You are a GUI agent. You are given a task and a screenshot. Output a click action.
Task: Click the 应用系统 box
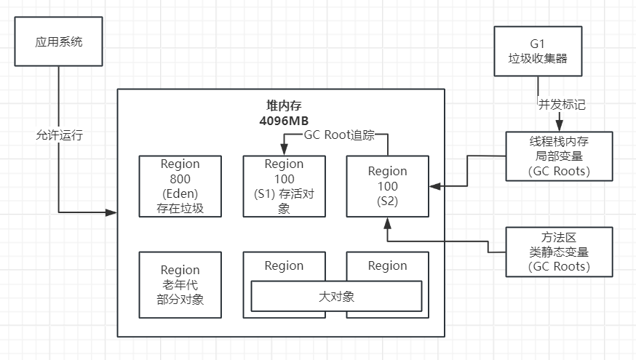[59, 41]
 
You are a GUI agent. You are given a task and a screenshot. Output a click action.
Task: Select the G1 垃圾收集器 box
[538, 52]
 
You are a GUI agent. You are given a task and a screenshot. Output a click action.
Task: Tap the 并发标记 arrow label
[562, 104]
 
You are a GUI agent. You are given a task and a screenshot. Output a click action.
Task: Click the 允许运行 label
[59, 135]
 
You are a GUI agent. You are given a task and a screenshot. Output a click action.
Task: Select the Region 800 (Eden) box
[180, 186]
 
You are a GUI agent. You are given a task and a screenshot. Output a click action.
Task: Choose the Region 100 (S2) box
[387, 186]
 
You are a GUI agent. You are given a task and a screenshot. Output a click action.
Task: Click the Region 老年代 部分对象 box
[180, 284]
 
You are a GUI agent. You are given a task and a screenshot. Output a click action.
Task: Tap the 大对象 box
[336, 297]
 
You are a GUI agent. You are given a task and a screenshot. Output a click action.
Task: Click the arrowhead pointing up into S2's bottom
[387, 221]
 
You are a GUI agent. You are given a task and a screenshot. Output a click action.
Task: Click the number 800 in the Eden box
[180, 179]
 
